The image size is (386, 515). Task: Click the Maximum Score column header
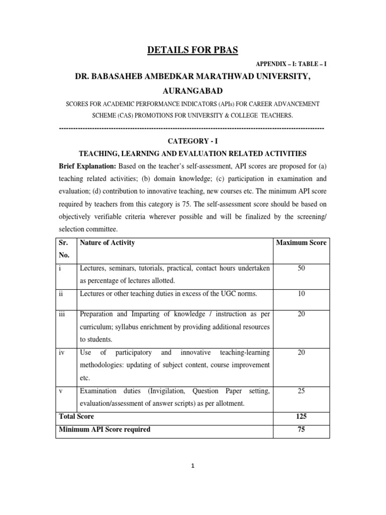point(301,243)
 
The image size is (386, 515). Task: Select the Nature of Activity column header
point(107,243)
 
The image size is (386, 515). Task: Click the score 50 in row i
point(301,269)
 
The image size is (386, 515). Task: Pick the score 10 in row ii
point(301,293)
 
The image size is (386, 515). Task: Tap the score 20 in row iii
point(301,314)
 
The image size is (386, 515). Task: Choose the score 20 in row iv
point(301,353)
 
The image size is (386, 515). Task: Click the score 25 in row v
point(301,390)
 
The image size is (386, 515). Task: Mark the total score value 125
point(301,417)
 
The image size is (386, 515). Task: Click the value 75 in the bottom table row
point(301,430)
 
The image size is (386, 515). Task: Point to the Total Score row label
point(76,417)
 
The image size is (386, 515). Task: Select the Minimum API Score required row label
point(105,430)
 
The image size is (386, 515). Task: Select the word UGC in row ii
point(234,293)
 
